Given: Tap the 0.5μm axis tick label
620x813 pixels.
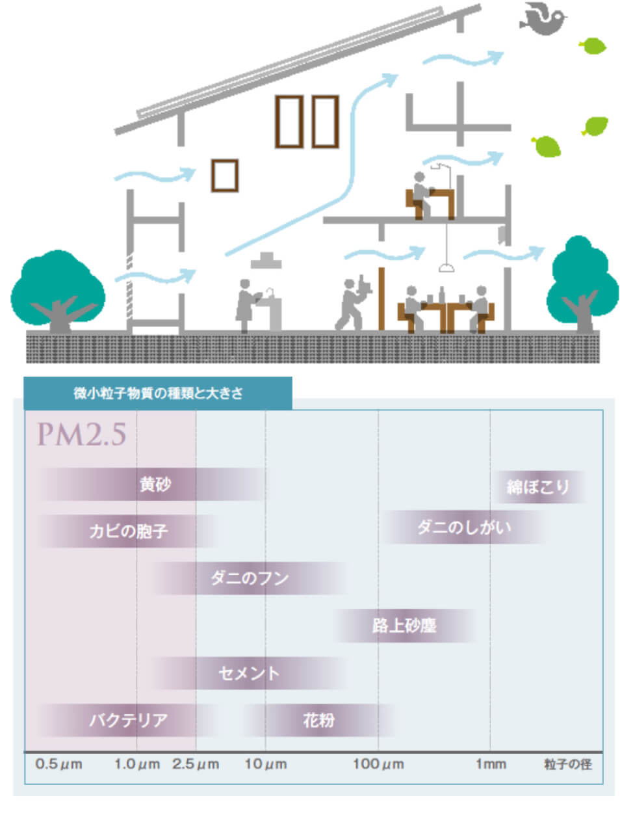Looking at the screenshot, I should (58, 764).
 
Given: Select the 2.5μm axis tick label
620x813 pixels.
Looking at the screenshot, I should (195, 764).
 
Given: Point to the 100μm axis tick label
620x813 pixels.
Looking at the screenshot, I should (378, 764).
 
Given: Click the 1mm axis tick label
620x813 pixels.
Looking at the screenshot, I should (490, 764).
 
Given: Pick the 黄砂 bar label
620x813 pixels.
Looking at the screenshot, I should (155, 485).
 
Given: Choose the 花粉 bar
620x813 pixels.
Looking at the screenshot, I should (318, 720).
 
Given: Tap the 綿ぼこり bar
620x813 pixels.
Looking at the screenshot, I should (538, 486).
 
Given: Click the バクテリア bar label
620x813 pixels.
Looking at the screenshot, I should (129, 720).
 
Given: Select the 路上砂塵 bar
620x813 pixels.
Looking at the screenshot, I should (404, 626).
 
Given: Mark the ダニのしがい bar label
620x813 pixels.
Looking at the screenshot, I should (464, 527).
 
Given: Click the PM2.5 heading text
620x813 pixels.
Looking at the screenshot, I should (81, 434).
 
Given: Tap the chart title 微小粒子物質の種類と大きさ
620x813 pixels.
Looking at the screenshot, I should (158, 393).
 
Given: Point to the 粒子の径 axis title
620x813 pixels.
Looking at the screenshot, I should (567, 764).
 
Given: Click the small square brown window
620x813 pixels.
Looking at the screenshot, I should (224, 175).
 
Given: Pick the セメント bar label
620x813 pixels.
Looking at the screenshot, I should (249, 673).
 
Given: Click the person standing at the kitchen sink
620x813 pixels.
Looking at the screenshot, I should (246, 304).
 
